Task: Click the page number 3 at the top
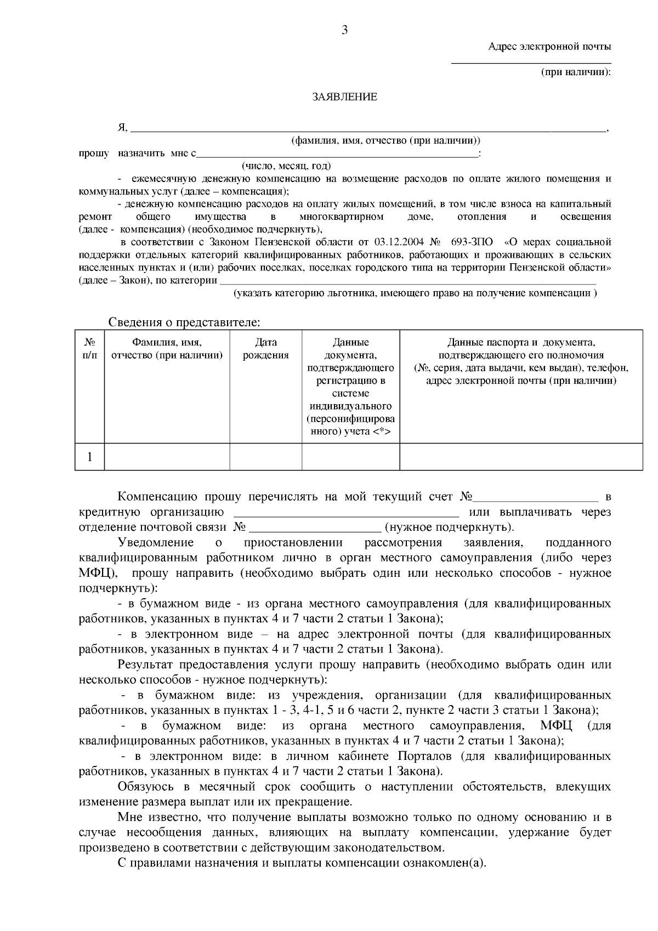pos(344,31)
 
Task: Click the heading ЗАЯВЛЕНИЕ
pos(344,97)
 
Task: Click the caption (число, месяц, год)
pos(286,166)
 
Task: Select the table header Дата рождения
pos(266,349)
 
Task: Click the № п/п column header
pos(90,349)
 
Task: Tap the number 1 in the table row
pos(90,457)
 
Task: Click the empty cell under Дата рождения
pos(266,457)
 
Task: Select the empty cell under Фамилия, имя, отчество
pos(167,457)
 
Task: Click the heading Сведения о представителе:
pos(184,322)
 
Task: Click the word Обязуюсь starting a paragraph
pos(145,787)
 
